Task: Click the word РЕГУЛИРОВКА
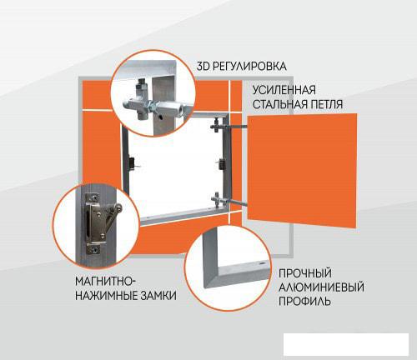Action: coord(249,67)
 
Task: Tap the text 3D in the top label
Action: coord(203,67)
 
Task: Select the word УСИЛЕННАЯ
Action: coord(284,90)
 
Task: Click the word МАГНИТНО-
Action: coord(105,282)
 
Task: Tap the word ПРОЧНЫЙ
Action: coord(305,273)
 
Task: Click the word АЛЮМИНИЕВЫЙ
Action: coord(321,287)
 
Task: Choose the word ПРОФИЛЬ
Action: coord(304,301)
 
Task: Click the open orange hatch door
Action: coord(302,170)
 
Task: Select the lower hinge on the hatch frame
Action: coord(218,199)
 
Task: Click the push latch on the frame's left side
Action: coord(132,163)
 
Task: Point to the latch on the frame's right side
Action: coord(222,163)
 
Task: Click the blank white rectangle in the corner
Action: coord(346,344)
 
